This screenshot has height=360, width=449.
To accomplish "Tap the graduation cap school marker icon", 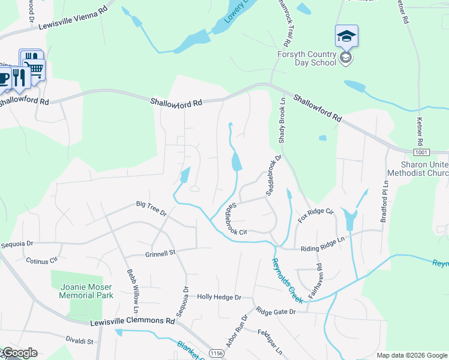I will pos(347,37).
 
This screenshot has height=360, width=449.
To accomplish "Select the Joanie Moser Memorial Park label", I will pos(87,291).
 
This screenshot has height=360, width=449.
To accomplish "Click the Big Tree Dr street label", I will pos(151,209).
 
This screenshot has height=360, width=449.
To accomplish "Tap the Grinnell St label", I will pos(160,253).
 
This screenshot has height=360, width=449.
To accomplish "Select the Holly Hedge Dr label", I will pos(219,297).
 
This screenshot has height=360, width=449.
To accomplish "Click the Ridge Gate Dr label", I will pos(276,311).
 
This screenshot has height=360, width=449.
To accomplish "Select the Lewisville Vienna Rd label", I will pos(73,18).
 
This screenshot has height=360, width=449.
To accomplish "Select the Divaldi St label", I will pos(80,341).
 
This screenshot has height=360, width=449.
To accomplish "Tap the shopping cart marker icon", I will pos(34,70).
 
